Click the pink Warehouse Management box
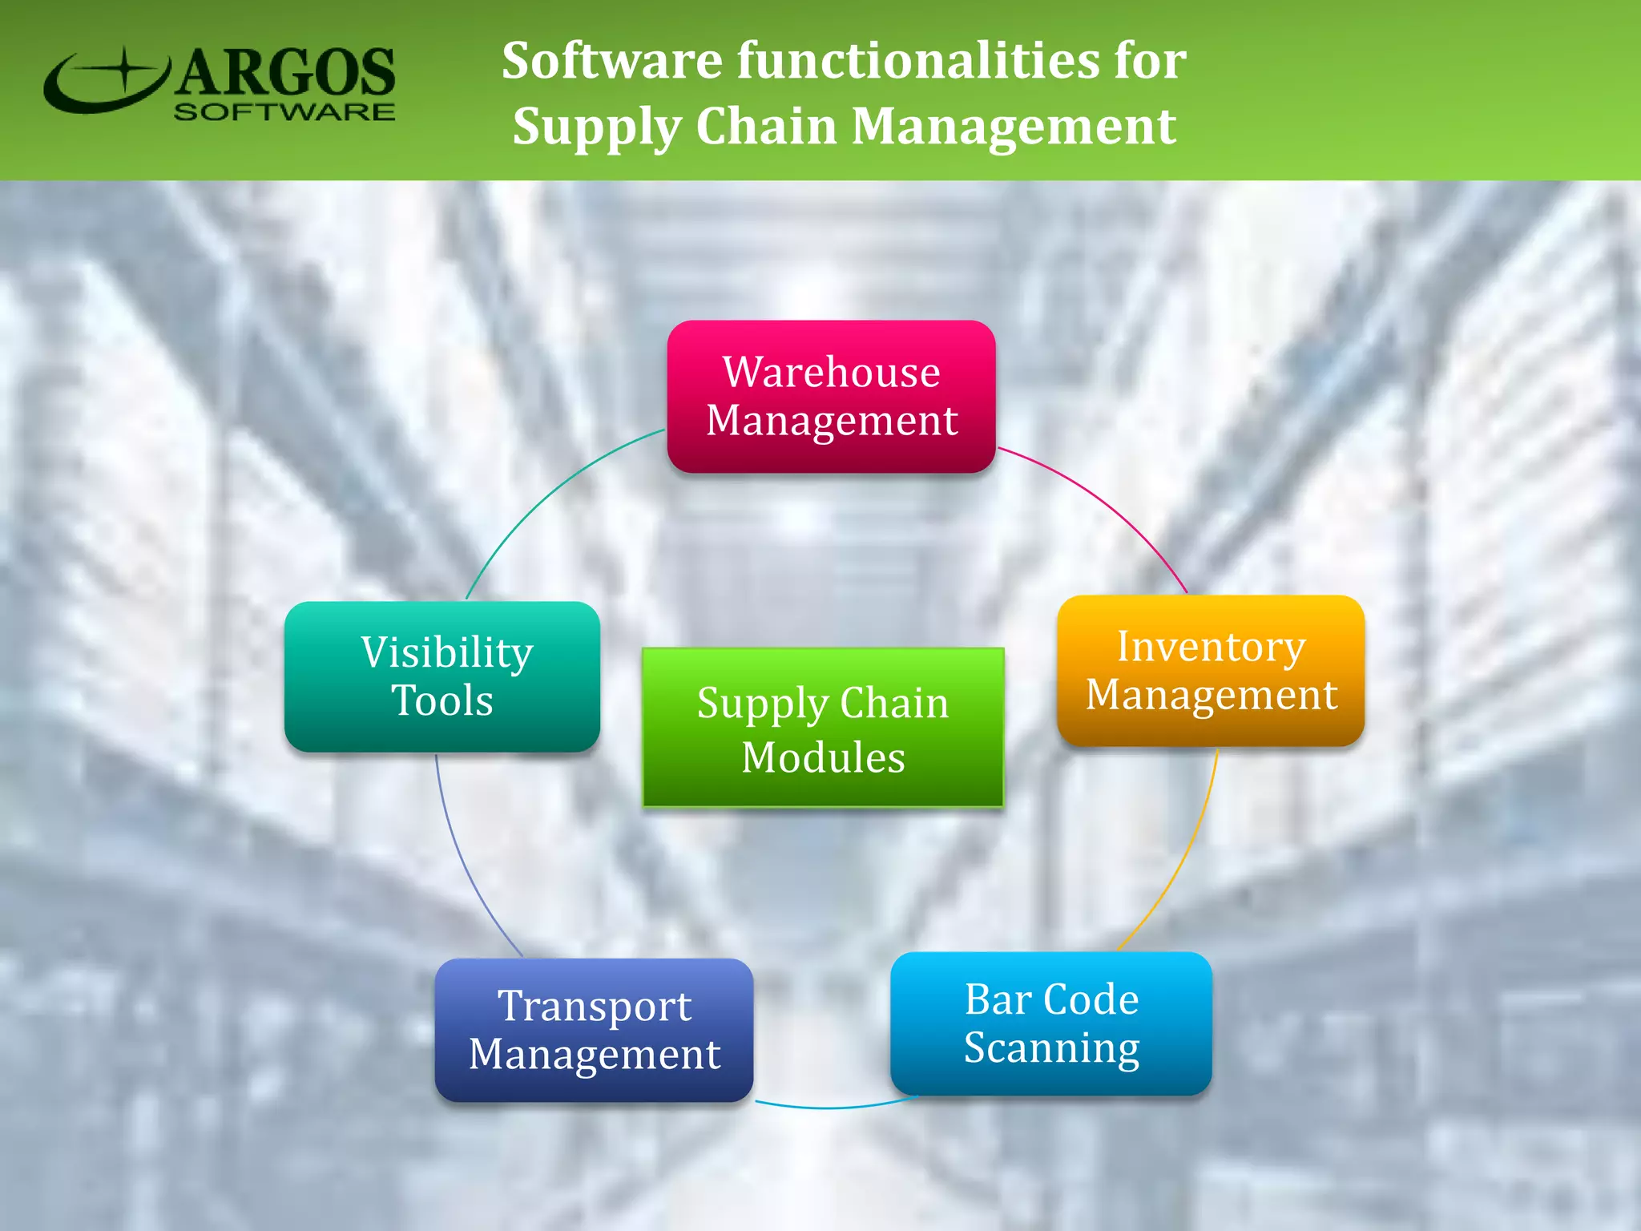click(x=831, y=396)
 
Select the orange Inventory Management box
click(x=1211, y=671)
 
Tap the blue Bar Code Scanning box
click(x=1051, y=1023)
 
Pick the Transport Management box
click(x=594, y=1030)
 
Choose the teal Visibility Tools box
click(x=442, y=676)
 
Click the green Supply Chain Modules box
click(x=823, y=728)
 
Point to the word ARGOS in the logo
click(x=285, y=72)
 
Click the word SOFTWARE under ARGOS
click(x=284, y=112)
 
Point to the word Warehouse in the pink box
click(x=832, y=372)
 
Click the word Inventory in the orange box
click(x=1211, y=646)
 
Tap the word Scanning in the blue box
click(x=1051, y=1047)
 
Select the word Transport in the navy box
click(x=594, y=1006)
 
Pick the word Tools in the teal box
click(x=442, y=700)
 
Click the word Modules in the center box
click(x=823, y=757)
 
